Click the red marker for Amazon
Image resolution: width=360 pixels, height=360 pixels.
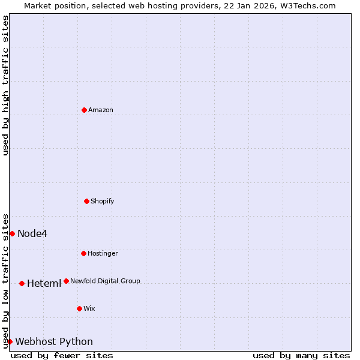pyautogui.click(x=84, y=110)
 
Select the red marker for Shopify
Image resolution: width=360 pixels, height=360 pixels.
pyautogui.click(x=86, y=201)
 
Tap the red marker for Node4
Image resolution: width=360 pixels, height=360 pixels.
pyautogui.click(x=12, y=233)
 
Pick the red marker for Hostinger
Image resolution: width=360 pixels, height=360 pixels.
pyautogui.click(x=83, y=253)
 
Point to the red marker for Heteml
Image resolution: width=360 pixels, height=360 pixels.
pyautogui.click(x=22, y=283)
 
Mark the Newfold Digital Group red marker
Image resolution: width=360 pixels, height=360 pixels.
pyautogui.click(x=66, y=281)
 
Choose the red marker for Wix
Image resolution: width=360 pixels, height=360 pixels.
pyautogui.click(x=79, y=308)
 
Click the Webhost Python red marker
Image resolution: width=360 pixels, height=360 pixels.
pyautogui.click(x=10, y=341)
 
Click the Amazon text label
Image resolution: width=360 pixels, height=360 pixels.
pyautogui.click(x=101, y=110)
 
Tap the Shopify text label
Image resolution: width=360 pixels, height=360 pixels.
pyautogui.click(x=103, y=201)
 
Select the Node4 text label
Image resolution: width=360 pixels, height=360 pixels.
pyautogui.click(x=32, y=233)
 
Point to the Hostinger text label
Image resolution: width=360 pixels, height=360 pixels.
pyautogui.click(x=103, y=253)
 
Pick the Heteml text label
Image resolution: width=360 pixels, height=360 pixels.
pyautogui.click(x=44, y=283)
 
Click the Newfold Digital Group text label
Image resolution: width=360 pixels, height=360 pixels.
pyautogui.click(x=105, y=281)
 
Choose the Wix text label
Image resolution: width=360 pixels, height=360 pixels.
pyautogui.click(x=89, y=308)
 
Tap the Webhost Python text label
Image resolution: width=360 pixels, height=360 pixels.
pyautogui.click(x=54, y=342)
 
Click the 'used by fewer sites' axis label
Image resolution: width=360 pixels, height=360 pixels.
pyautogui.click(x=62, y=355)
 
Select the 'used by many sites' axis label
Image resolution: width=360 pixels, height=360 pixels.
pyautogui.click(x=301, y=355)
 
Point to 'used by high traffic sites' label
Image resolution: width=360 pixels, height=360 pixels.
pyautogui.click(x=5, y=85)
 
